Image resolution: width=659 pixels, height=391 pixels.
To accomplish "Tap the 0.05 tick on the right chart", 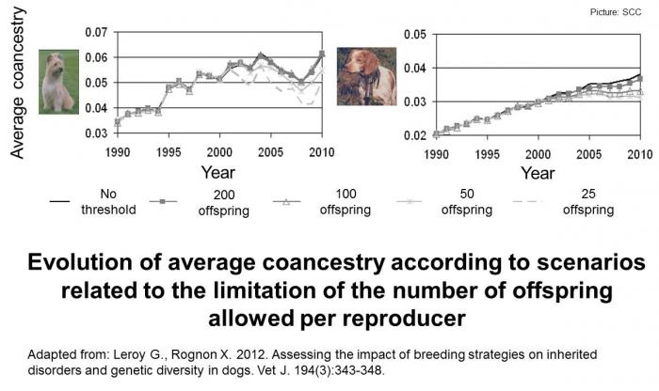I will [410, 35].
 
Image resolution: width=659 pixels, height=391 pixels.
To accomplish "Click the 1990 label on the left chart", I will [119, 152].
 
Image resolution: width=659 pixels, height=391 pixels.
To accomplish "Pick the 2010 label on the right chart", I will [640, 152].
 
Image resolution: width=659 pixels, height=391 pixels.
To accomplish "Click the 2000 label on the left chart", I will [219, 152].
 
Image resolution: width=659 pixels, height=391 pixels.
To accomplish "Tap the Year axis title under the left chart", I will [219, 173].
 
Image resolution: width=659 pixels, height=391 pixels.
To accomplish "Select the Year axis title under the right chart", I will [538, 173].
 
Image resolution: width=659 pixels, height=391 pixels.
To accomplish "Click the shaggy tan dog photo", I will [57, 82].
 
